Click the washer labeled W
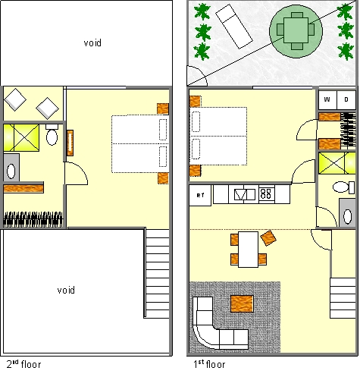[x=327, y=99]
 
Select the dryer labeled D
[x=346, y=99]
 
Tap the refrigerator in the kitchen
[x=200, y=195]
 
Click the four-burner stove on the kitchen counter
[x=266, y=194]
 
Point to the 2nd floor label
[x=23, y=364]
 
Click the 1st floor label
[x=209, y=364]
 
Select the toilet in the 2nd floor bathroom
[x=52, y=134]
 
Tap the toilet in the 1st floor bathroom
[x=343, y=187]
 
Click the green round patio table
[x=296, y=31]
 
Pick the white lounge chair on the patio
[x=234, y=27]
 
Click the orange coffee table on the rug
[x=242, y=303]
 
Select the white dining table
[x=248, y=250]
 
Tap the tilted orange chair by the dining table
[x=268, y=237]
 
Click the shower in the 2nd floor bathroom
[x=21, y=137]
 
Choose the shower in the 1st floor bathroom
[x=337, y=163]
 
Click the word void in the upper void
[x=92, y=42]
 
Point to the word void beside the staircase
[x=66, y=290]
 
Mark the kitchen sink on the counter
[x=244, y=194]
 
